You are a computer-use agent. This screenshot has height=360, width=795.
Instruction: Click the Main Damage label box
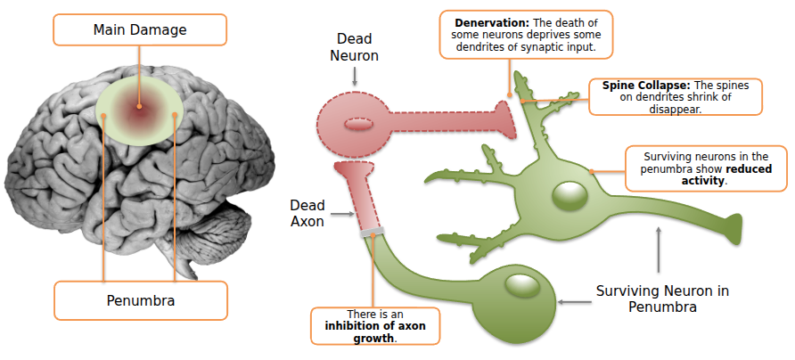coord(139,30)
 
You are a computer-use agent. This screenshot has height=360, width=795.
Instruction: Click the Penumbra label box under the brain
coord(140,300)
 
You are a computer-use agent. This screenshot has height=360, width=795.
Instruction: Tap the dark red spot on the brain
coord(140,109)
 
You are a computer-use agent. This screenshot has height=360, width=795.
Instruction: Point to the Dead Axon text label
coord(307,213)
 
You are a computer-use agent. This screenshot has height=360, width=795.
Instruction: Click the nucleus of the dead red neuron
coord(357,124)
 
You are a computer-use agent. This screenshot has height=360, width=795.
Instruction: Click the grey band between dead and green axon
coord(373,233)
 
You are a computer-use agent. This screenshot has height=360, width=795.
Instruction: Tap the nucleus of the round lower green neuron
coord(518,285)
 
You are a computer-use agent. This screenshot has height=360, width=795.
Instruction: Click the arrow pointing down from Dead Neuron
coord(355,79)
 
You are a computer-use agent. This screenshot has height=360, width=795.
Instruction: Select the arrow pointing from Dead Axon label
coord(343,214)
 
